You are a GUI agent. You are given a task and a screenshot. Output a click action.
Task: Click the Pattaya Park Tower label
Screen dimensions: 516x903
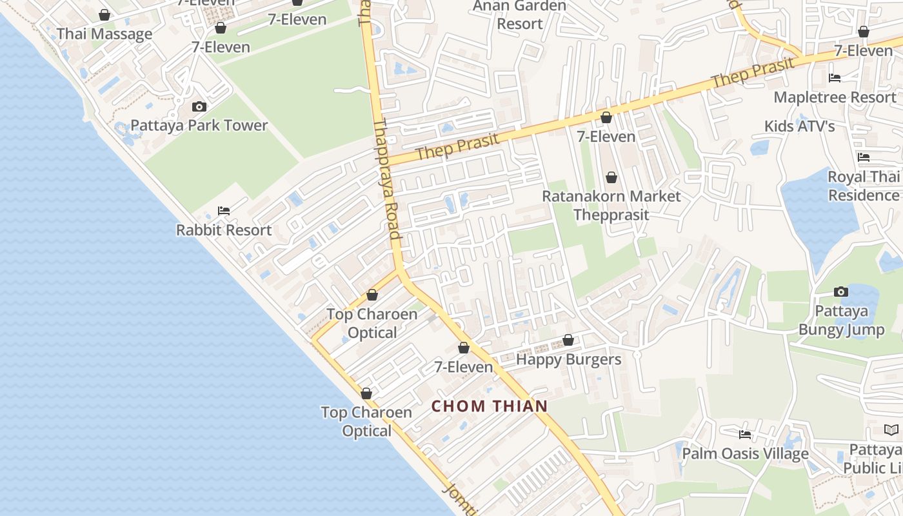(x=199, y=125)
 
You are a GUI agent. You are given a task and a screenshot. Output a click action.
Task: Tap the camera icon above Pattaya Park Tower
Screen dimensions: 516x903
(x=199, y=106)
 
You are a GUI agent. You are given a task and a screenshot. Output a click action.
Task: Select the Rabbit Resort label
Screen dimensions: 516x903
(x=224, y=230)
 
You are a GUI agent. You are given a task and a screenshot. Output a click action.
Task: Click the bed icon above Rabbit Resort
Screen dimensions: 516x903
(x=224, y=210)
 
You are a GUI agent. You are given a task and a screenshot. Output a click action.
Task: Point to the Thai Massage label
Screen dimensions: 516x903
(x=104, y=34)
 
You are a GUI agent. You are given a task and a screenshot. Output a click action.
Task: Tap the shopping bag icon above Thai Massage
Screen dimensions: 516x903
(x=104, y=14)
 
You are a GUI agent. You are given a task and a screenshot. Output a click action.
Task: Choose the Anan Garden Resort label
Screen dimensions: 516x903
(x=519, y=15)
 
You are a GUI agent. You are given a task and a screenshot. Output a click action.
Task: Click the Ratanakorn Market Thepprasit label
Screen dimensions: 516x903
(x=611, y=205)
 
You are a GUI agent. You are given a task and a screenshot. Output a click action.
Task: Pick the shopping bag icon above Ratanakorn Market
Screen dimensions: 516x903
(x=611, y=177)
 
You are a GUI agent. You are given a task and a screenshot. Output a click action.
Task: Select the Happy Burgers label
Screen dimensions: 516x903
(x=568, y=359)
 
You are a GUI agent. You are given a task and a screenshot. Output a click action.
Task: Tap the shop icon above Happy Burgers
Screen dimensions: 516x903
(x=568, y=340)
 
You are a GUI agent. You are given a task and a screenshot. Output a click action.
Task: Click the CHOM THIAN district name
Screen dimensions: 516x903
(x=490, y=406)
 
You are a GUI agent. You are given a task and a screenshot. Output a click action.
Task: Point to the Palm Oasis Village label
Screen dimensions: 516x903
(x=745, y=453)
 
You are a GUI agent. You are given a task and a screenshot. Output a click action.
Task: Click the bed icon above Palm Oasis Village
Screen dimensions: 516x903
(x=745, y=434)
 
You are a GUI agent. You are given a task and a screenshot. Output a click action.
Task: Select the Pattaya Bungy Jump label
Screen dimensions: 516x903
(x=841, y=321)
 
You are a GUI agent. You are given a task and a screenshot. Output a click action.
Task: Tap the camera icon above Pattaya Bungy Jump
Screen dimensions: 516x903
(x=841, y=292)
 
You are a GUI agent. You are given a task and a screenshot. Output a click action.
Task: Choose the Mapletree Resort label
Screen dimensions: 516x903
(x=835, y=97)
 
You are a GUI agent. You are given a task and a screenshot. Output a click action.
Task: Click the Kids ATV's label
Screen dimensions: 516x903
(x=799, y=126)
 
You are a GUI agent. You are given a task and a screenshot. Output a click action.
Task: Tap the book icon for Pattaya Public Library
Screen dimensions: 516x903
(x=891, y=430)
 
